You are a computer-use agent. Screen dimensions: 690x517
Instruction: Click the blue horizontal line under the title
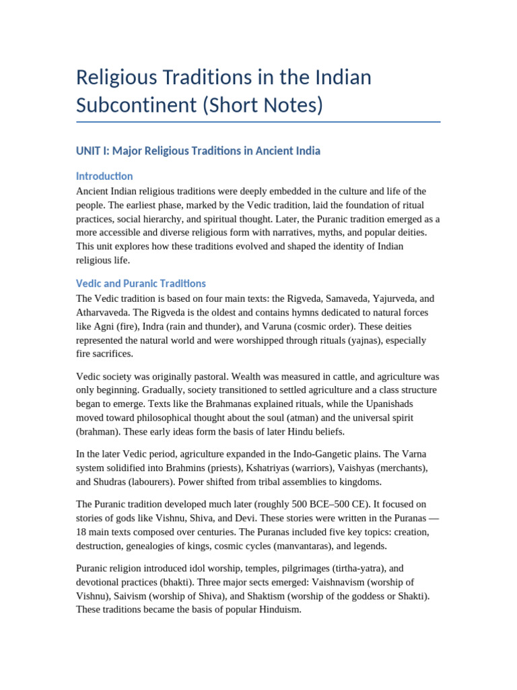(258, 122)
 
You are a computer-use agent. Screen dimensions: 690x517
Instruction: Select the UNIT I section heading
(198, 151)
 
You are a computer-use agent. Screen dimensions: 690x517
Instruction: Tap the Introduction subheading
(104, 177)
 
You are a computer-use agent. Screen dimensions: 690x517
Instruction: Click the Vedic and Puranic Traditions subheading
(141, 284)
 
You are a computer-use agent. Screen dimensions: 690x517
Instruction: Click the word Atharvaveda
(104, 313)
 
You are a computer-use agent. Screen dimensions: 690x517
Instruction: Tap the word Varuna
(256, 327)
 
